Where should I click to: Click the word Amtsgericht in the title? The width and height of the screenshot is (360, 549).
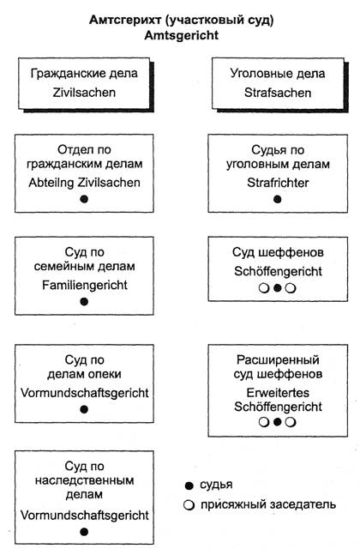(x=182, y=35)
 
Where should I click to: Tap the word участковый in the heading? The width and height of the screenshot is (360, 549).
(x=203, y=21)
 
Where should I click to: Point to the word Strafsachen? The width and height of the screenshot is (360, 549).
(x=278, y=93)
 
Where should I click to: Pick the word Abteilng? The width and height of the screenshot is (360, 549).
(x=51, y=183)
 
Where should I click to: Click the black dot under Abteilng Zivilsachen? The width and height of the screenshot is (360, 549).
(x=84, y=199)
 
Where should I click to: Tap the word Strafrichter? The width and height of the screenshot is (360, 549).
(x=278, y=183)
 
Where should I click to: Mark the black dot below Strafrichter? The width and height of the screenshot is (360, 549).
(x=278, y=199)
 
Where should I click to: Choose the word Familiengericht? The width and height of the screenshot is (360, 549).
(x=84, y=286)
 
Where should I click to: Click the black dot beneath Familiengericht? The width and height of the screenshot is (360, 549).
(x=84, y=301)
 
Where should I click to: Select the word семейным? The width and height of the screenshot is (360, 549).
(x=59, y=267)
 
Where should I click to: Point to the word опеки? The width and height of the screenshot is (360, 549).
(x=105, y=374)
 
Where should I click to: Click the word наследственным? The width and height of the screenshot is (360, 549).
(x=84, y=480)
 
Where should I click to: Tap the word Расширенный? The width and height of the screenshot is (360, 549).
(x=278, y=360)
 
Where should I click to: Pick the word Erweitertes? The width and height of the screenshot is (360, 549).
(x=278, y=393)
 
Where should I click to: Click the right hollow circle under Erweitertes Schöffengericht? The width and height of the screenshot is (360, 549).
(x=291, y=422)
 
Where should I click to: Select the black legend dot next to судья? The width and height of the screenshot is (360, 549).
(x=189, y=486)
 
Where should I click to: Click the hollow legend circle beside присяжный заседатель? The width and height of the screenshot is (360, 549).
(x=189, y=505)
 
